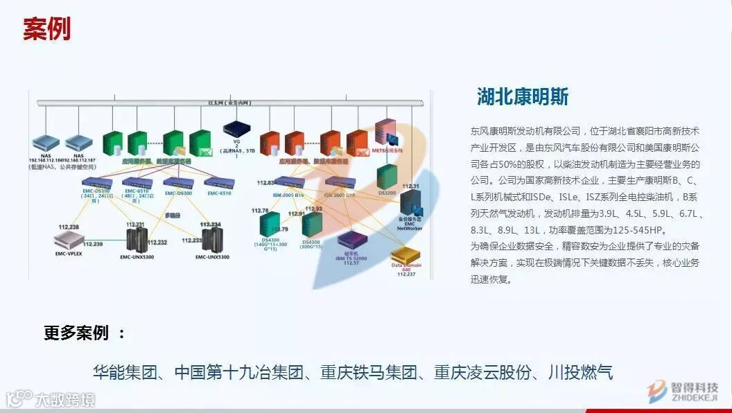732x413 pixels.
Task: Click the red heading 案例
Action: pos(46,30)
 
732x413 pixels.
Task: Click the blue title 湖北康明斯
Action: pos(523,96)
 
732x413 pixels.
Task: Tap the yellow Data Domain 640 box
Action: pos(407,258)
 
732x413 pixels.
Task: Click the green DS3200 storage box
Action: pos(387,177)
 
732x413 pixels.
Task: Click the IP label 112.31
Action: pos(410,186)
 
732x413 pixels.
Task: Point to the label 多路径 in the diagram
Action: pos(173,216)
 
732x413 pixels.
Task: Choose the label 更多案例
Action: pos(76,333)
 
